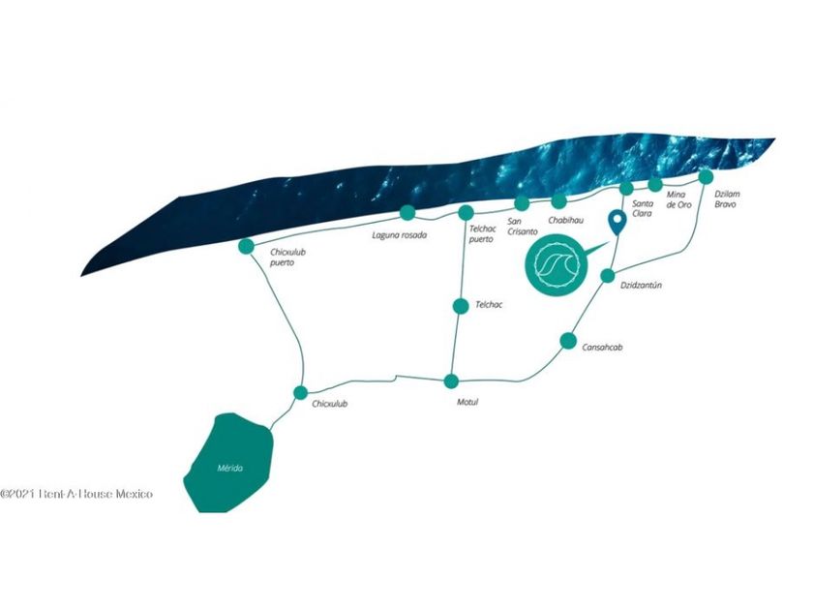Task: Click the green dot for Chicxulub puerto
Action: click(x=246, y=246)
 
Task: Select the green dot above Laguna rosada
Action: click(x=407, y=213)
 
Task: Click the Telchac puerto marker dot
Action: click(x=466, y=212)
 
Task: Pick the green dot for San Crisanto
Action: click(x=522, y=202)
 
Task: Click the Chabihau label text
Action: click(x=565, y=220)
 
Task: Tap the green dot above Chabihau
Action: click(x=558, y=201)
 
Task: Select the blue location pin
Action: click(x=616, y=224)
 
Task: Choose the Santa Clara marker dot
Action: click(x=626, y=188)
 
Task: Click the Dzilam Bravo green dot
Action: click(x=706, y=176)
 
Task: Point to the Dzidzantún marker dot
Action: click(x=607, y=276)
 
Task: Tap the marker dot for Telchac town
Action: click(x=461, y=306)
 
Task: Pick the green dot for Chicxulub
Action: click(x=300, y=392)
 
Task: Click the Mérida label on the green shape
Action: click(x=229, y=469)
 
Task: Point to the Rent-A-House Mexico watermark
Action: click(x=77, y=494)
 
